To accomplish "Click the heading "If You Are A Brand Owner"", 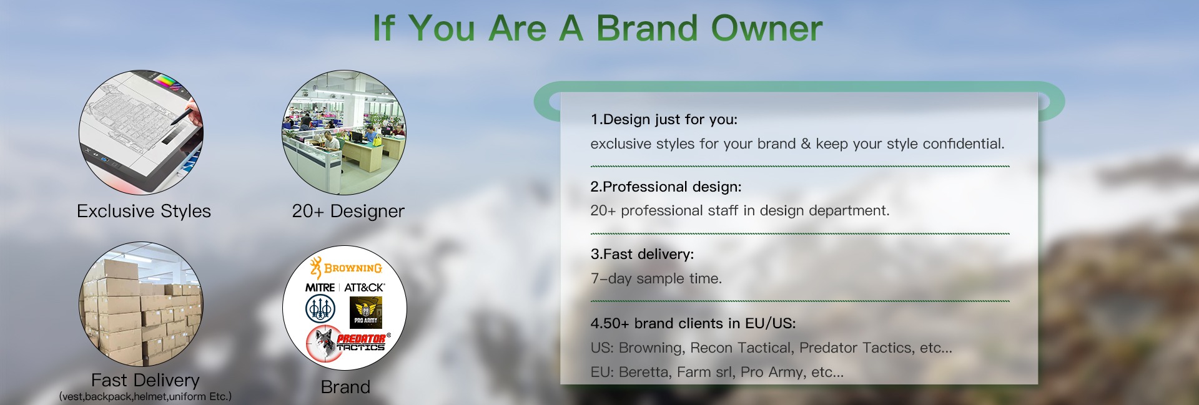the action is coord(598,28).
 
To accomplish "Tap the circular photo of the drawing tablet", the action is coord(141,132).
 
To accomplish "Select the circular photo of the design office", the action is coord(344,132).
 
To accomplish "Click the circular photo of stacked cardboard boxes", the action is coord(141,304).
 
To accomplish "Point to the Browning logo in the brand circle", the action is coord(346,268).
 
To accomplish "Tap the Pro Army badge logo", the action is coord(366,313).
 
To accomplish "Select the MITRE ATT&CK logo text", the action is coord(345,288).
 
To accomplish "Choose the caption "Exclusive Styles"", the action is coord(144,211).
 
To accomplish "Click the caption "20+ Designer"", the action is coord(348,212).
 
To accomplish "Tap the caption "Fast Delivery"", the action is coord(146,380).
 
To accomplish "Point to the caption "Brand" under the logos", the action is coord(345,387).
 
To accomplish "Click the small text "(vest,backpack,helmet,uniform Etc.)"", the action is coord(146,396).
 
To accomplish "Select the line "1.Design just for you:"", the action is coord(664,119).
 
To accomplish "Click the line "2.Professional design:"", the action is coord(666,187).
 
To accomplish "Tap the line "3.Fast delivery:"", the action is coord(643,254).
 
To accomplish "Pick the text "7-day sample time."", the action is coord(656,278).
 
